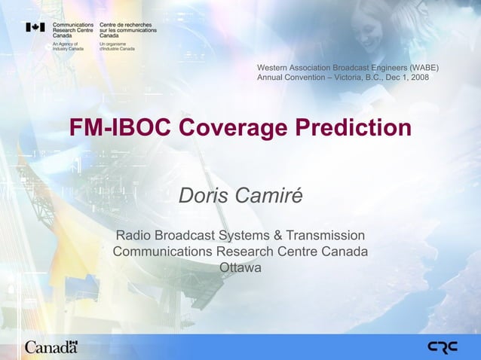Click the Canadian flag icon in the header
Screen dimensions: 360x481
[x=35, y=27]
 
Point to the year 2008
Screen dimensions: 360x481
[x=419, y=78]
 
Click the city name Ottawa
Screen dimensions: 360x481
[x=240, y=267]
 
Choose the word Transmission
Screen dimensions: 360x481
[x=325, y=235]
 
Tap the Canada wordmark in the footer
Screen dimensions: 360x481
[x=51, y=347]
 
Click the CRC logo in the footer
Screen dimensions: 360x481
[x=443, y=347]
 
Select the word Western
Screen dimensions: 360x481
[x=272, y=68]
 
